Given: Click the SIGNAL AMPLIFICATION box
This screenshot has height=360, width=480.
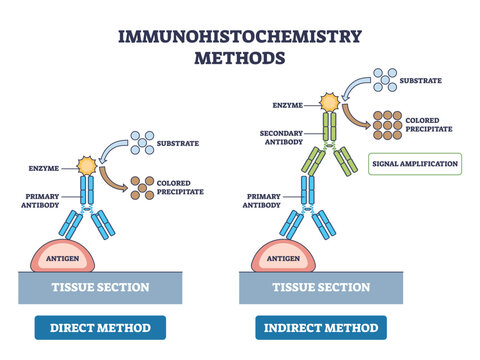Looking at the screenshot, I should (414, 163).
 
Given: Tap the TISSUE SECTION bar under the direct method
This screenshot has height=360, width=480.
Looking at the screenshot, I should (100, 288).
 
